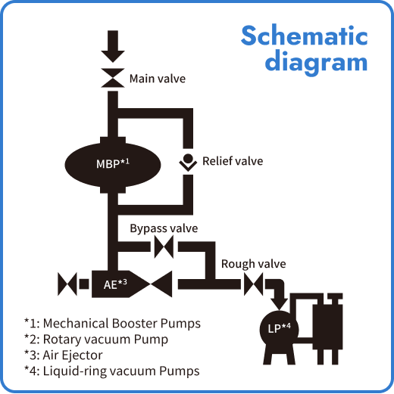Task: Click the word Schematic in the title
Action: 304,36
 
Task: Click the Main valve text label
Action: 157,78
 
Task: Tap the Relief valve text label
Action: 233,161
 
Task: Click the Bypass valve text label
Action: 164,228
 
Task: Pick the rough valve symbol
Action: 253,284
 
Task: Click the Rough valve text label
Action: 253,264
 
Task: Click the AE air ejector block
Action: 114,284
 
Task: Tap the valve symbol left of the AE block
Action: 67,284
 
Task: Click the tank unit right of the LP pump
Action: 328,325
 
